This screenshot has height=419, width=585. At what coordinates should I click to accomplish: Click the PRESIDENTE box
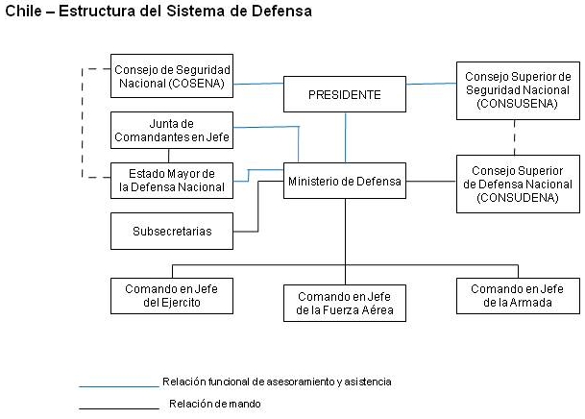(x=345, y=94)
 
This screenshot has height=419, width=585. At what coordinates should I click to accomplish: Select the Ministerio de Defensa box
(x=345, y=181)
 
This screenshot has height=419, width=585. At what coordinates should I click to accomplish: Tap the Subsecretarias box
(x=172, y=232)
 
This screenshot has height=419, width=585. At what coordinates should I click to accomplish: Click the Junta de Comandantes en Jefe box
(x=172, y=130)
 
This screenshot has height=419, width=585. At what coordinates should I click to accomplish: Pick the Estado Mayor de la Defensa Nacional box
(x=172, y=181)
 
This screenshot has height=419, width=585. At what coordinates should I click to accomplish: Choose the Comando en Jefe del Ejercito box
(x=172, y=296)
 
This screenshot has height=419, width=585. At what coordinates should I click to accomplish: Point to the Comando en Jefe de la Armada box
(x=518, y=296)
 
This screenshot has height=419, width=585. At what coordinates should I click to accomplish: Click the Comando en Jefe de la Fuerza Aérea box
(x=345, y=304)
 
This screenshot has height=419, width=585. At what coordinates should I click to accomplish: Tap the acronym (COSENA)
(x=197, y=84)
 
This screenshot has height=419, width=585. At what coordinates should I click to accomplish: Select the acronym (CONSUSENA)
(x=518, y=104)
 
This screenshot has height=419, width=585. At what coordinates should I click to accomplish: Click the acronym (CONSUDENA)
(x=518, y=198)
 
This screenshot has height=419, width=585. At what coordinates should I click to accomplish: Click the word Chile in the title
(x=23, y=11)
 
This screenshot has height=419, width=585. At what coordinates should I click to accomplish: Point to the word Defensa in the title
(x=281, y=11)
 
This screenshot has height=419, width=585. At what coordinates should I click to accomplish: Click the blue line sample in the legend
(x=119, y=386)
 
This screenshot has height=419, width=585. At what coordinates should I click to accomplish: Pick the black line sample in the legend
(x=119, y=408)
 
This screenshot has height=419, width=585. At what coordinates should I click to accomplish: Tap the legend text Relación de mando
(x=215, y=404)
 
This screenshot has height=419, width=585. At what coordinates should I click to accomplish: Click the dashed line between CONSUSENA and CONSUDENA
(x=515, y=137)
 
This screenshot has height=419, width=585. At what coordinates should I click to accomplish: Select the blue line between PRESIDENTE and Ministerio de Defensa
(x=346, y=137)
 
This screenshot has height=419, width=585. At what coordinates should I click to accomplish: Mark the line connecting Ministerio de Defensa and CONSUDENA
(x=431, y=182)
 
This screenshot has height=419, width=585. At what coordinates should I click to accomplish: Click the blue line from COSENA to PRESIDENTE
(x=258, y=84)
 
